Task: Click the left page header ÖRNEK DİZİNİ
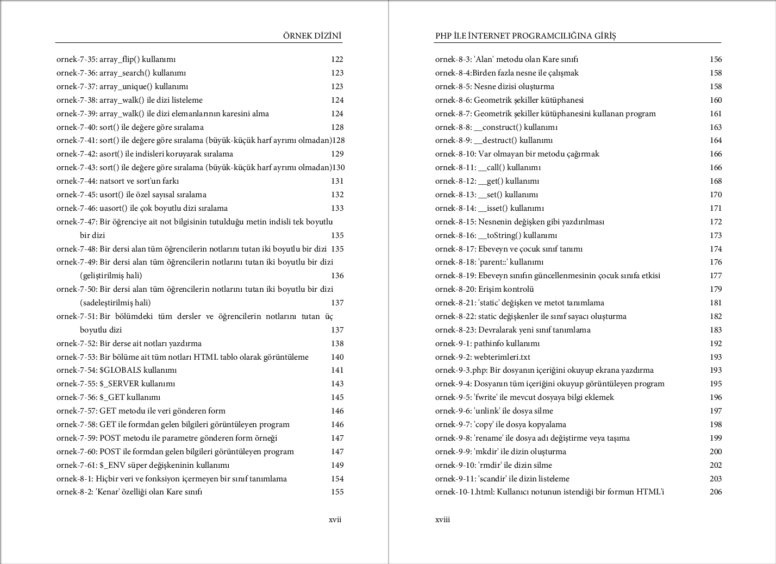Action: click(312, 36)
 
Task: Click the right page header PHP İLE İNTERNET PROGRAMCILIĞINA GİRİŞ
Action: click(525, 36)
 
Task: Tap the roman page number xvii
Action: click(335, 519)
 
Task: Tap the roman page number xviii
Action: click(442, 519)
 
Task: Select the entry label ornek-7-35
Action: click(77, 59)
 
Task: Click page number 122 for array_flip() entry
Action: click(337, 59)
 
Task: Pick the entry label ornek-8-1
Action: click(74, 479)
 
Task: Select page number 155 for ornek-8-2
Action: click(337, 492)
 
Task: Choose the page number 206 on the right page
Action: click(716, 492)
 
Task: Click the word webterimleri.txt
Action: click(502, 357)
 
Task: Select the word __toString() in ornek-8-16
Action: click(499, 235)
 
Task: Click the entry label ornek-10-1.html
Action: click(465, 492)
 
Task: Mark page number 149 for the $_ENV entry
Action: click(337, 465)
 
